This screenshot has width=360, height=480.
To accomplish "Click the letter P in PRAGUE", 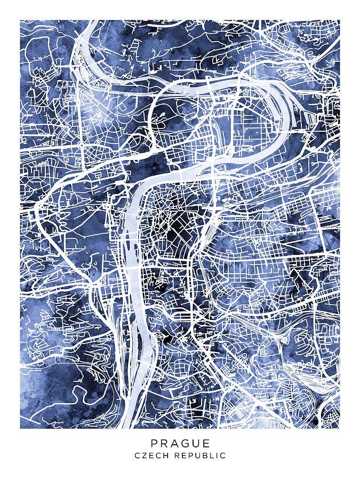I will pos(154,443).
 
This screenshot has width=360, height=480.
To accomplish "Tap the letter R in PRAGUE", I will pos(165,443).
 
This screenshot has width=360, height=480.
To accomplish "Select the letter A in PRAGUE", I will pos(175,443).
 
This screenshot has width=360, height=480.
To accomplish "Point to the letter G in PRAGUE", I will pos(186,443).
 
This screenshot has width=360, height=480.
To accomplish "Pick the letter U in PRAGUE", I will pos(197,443).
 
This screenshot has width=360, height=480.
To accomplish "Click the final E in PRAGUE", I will pos(207,443).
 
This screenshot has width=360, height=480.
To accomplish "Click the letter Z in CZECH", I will pos(142,455).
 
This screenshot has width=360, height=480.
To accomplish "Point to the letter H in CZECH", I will pos(162,455).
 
